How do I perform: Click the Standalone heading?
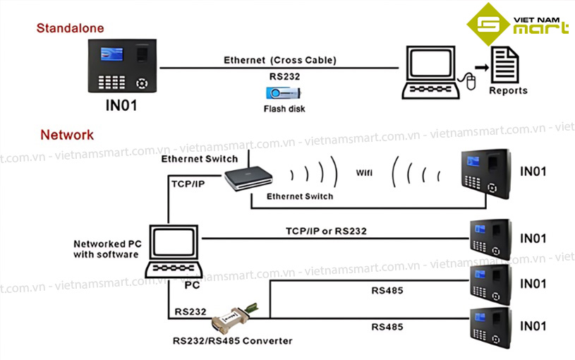[x=70, y=28]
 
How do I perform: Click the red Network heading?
[x=67, y=135]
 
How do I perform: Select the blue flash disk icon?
[x=282, y=93]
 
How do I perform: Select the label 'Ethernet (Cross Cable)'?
[x=279, y=61]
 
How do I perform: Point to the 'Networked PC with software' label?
[x=107, y=249]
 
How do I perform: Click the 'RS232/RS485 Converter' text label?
[x=233, y=341]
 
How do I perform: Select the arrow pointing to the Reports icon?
[x=481, y=67]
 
